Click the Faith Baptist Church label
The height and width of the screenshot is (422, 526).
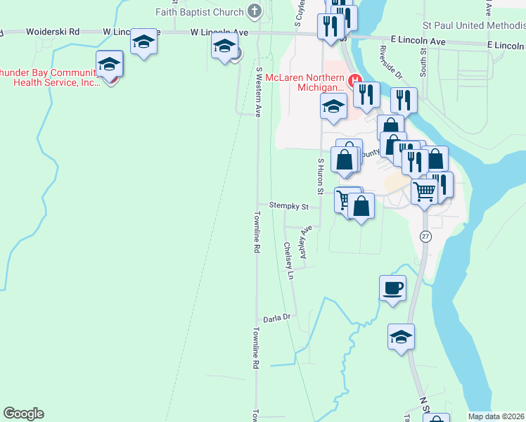click(x=200, y=11)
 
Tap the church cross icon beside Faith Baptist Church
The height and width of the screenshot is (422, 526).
click(x=255, y=11)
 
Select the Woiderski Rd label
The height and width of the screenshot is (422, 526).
click(x=53, y=32)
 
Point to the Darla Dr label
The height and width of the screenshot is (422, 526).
click(x=276, y=319)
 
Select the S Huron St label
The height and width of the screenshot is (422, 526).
click(x=321, y=176)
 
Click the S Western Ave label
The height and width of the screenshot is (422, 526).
click(x=259, y=92)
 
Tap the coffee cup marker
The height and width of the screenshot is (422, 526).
click(x=392, y=287)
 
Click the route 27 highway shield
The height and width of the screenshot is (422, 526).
click(x=425, y=236)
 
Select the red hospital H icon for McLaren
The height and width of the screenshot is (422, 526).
click(x=355, y=78)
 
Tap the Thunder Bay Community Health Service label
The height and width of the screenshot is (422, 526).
click(x=49, y=77)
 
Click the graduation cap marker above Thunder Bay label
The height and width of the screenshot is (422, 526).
click(x=110, y=65)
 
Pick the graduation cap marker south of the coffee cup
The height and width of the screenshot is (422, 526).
click(x=401, y=336)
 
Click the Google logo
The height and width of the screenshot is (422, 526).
click(x=23, y=414)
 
